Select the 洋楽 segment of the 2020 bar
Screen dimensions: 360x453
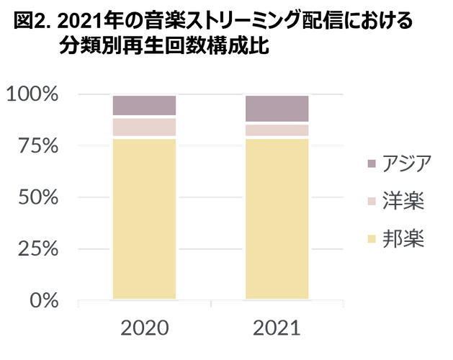coord(144,127)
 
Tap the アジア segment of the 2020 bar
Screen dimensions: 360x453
coord(144,105)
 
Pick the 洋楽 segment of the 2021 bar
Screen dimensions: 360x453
coord(277,130)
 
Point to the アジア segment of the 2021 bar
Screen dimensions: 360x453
coord(277,108)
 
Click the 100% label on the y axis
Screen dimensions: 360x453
coord(32,94)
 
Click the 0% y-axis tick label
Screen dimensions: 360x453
coord(44,300)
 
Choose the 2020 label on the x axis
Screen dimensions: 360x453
coord(145,328)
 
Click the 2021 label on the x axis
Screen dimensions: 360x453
coord(277,328)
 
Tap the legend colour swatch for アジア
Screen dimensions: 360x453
coord(372,164)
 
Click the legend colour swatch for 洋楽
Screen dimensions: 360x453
coord(372,202)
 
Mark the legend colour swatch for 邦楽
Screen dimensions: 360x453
coord(372,238)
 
